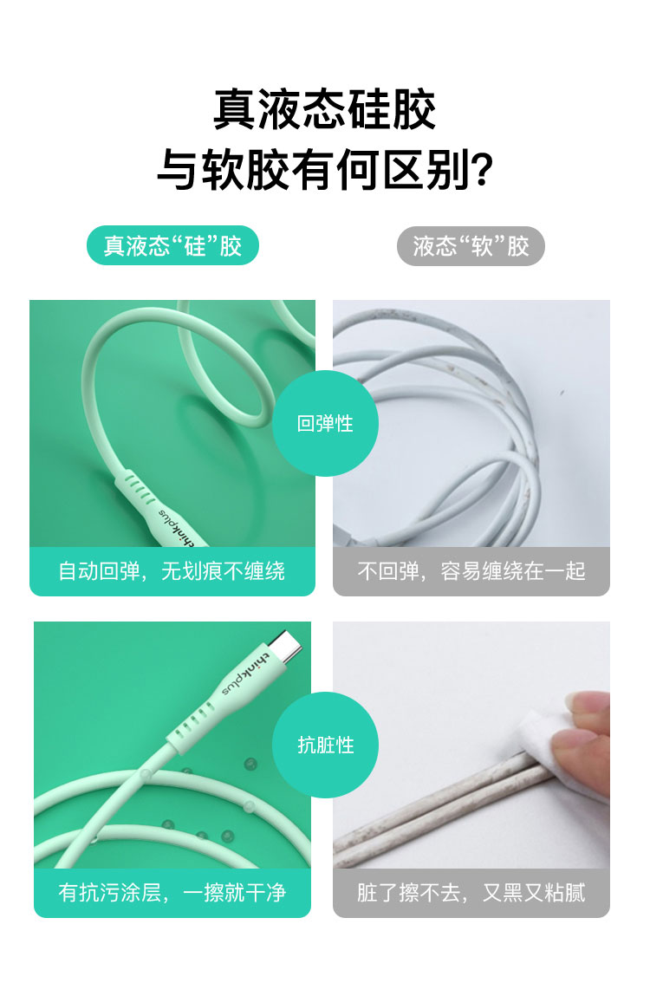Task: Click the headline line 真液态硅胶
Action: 324,109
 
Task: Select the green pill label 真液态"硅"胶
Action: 172,245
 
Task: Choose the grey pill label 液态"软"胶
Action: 471,246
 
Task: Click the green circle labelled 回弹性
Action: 325,423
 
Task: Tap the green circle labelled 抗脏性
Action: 325,745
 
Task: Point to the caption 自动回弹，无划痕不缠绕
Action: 172,571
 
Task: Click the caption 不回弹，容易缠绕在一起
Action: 471,571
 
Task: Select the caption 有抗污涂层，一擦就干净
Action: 172,893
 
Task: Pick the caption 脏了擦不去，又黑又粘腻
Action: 471,893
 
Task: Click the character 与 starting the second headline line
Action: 178,169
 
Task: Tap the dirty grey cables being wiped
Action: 439,807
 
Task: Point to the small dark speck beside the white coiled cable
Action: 561,394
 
